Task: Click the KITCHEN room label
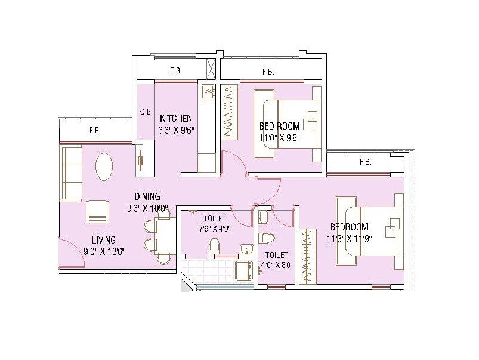[175, 118]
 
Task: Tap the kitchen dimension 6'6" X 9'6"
[176, 129]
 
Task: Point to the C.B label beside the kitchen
[145, 112]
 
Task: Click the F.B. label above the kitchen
[175, 71]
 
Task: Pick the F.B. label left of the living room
[94, 130]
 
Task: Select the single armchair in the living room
[97, 211]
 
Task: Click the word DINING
[147, 196]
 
